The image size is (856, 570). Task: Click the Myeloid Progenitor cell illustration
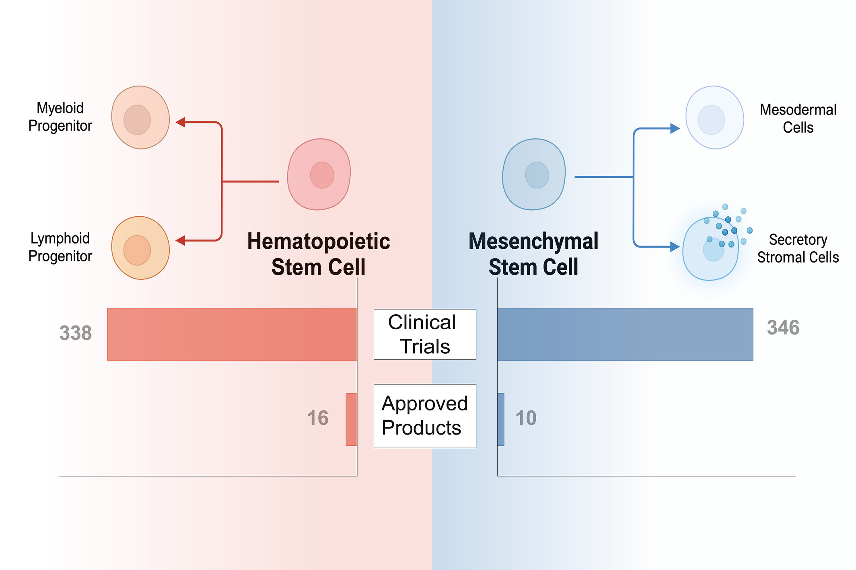coord(140,117)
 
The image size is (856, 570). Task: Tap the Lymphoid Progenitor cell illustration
coord(140,248)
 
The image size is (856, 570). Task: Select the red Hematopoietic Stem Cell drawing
coord(319,174)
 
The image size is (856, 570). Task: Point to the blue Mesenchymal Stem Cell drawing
coord(534,174)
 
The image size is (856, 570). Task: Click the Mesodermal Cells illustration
coord(714,117)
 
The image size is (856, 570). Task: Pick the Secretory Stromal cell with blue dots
coord(711,249)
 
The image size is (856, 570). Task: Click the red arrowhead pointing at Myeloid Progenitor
coord(181,122)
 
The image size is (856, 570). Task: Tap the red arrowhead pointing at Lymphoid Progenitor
coord(181,240)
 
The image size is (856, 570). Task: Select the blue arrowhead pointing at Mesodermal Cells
coord(675,129)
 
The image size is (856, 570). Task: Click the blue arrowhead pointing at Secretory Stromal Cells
coord(675,247)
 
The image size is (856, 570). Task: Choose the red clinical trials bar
coord(232,334)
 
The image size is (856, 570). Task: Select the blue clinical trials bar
coord(625,334)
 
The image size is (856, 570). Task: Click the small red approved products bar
coord(351,419)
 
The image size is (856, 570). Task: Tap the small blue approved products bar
coord(501,419)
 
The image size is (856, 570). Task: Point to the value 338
coord(76,333)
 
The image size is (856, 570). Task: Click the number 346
coord(783,328)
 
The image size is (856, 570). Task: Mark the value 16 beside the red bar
coord(318,418)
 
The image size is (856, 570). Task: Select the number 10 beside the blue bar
coord(526,418)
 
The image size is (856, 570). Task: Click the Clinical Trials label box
coord(425,334)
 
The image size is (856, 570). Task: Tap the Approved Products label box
coord(425,416)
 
